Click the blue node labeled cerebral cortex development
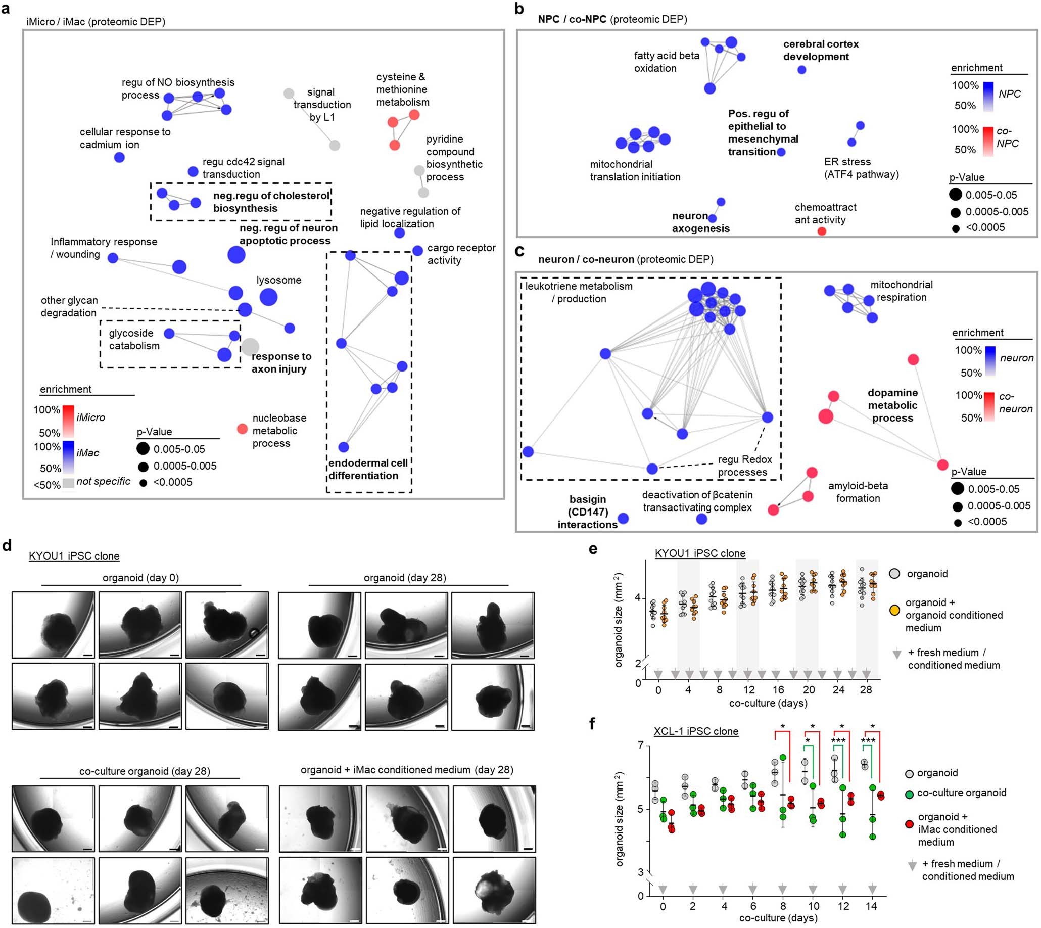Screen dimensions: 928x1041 tap(801, 69)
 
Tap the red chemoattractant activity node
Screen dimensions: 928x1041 tap(821, 231)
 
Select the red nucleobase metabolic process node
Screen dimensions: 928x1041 tap(243, 428)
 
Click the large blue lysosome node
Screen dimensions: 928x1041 tap(268, 297)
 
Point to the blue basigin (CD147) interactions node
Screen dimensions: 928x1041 tap(623, 519)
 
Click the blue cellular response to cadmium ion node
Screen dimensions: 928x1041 tap(119, 157)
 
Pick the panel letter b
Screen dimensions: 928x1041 tap(519, 9)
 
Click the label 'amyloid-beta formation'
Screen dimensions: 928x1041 tap(858, 491)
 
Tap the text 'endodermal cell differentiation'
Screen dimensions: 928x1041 tap(367, 469)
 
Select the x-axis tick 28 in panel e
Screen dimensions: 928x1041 tap(866, 690)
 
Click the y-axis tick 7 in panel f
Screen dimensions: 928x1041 tap(640, 746)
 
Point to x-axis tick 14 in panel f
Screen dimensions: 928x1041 tap(871, 906)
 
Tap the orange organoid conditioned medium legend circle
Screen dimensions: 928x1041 tap(894, 610)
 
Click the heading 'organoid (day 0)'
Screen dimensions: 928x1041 tap(140, 578)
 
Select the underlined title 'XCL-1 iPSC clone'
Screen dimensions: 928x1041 tap(696, 731)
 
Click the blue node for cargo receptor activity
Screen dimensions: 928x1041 tap(417, 250)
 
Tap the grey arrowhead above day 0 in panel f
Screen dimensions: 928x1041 tap(662, 889)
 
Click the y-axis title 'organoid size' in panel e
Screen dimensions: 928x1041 tap(619, 620)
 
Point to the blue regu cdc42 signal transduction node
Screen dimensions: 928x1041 tap(193, 171)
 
